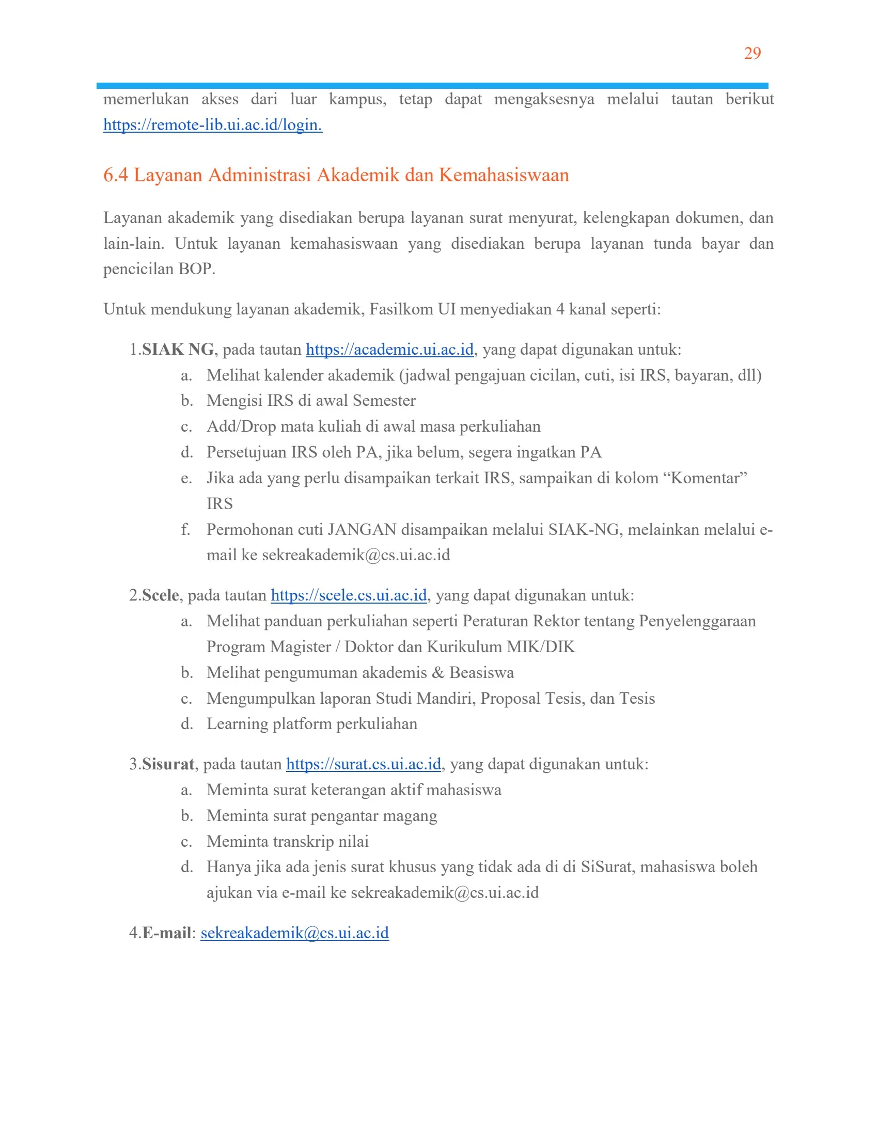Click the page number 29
click(x=752, y=53)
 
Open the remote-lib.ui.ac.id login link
click(x=212, y=125)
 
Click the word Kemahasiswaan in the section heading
click(x=504, y=175)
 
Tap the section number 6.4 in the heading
click(x=116, y=175)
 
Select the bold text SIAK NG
click(x=178, y=349)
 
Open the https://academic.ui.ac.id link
click(x=389, y=349)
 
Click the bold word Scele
click(x=160, y=595)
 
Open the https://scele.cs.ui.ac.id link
click(x=349, y=595)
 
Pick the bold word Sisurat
click(x=168, y=764)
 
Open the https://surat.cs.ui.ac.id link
click(x=363, y=764)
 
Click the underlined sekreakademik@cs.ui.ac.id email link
click(x=294, y=933)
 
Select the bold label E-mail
click(x=166, y=933)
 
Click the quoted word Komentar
click(x=709, y=478)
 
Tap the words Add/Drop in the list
click(x=241, y=427)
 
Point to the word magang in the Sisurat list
click(x=410, y=815)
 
